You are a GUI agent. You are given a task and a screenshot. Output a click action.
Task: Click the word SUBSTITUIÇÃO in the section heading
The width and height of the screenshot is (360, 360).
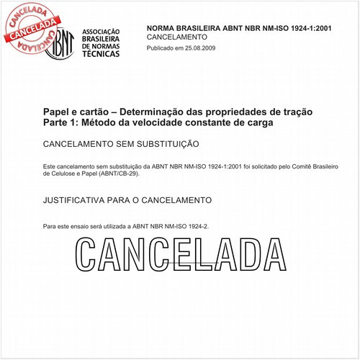(x=163, y=144)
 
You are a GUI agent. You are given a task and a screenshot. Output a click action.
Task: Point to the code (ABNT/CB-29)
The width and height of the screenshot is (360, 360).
(x=114, y=174)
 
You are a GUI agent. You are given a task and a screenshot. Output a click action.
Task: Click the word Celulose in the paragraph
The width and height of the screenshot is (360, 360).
(x=58, y=174)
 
